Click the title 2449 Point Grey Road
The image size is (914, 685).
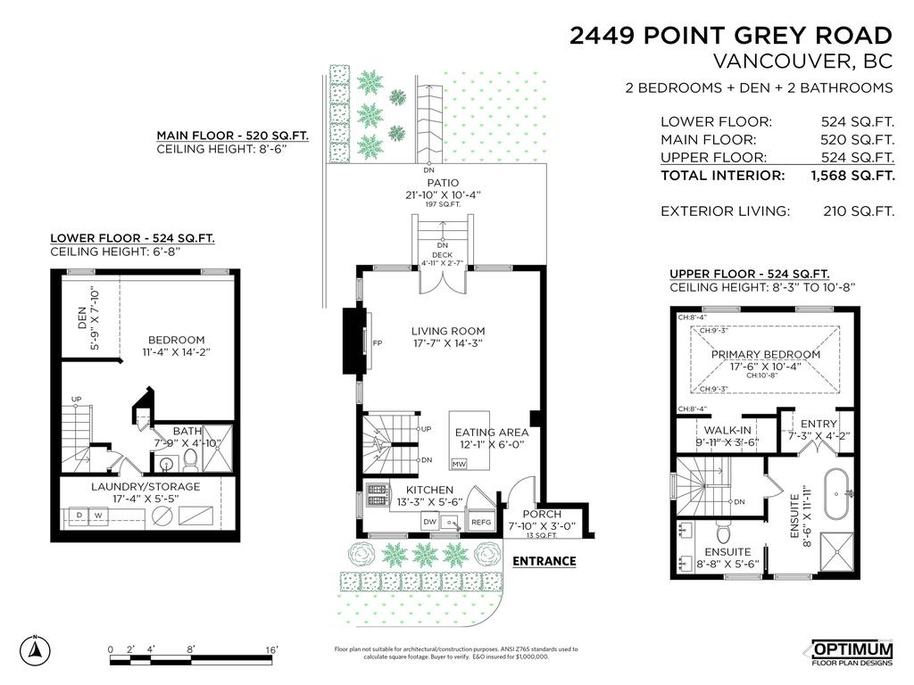click(x=731, y=36)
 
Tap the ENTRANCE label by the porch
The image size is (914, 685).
click(x=544, y=561)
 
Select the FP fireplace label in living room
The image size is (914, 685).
click(x=378, y=342)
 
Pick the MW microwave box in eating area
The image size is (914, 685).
click(x=459, y=464)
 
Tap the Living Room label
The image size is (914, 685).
click(x=447, y=330)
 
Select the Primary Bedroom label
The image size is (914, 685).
click(x=765, y=354)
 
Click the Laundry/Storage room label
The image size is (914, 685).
click(x=145, y=486)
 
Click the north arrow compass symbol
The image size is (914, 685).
click(x=36, y=648)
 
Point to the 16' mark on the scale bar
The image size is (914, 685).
click(x=271, y=648)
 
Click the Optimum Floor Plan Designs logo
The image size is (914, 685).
click(x=851, y=653)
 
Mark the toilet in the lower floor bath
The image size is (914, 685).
click(x=190, y=462)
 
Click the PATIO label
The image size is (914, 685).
click(x=443, y=182)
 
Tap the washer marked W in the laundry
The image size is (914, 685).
click(x=97, y=516)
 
